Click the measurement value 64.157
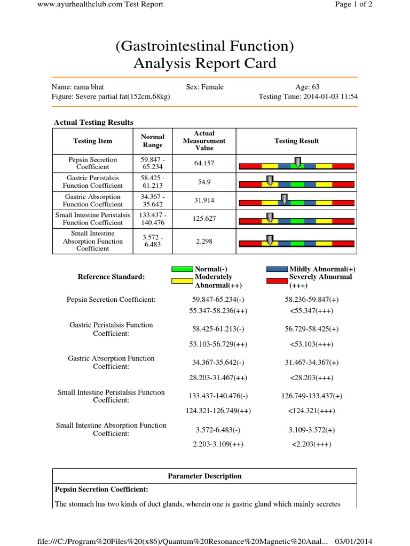[x=204, y=163]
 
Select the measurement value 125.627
[x=204, y=219]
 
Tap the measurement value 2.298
[x=204, y=241]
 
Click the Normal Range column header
[x=153, y=141]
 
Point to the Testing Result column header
[x=296, y=141]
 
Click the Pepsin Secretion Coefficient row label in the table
[x=92, y=163]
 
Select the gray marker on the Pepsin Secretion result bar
[x=297, y=162]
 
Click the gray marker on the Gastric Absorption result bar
[x=284, y=199]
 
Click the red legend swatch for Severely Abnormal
[x=277, y=279]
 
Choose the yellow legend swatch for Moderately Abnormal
[x=183, y=279]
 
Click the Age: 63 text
[x=307, y=87]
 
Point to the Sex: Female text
[x=204, y=87]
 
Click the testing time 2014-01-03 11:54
[x=308, y=97]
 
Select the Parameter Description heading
[x=204, y=476]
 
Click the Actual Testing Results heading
[x=93, y=123]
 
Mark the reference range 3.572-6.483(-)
[x=218, y=430]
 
